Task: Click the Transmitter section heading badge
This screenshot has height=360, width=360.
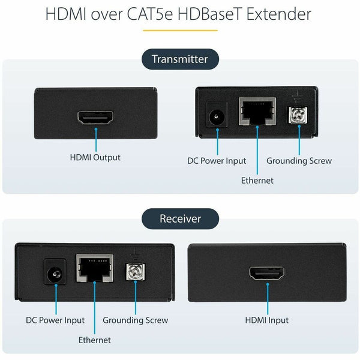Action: (179, 59)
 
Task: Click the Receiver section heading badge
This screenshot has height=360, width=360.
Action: (179, 218)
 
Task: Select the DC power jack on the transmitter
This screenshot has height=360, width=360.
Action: (217, 115)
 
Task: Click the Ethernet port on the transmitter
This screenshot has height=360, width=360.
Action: (257, 113)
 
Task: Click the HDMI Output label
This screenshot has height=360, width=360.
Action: (95, 158)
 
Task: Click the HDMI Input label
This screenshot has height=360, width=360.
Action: (266, 320)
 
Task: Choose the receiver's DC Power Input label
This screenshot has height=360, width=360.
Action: (55, 320)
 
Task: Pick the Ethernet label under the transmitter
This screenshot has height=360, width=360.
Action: (257, 180)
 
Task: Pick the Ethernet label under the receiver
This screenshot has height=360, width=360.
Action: (95, 340)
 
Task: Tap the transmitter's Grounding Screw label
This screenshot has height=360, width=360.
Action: (299, 161)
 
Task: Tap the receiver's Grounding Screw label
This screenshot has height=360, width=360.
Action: (136, 320)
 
